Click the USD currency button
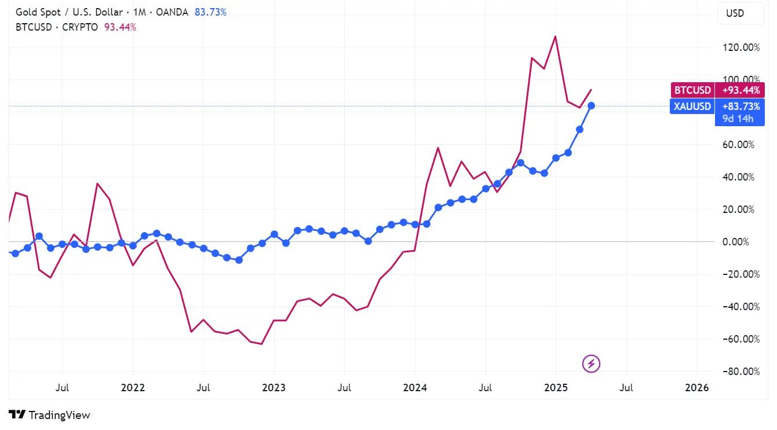735,13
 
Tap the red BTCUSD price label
717,90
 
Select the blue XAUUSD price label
717,106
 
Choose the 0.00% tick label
744,241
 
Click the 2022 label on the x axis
133,388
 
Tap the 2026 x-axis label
696,388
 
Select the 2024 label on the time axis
415,388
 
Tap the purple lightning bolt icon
591,363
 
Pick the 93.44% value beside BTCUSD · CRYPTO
121,27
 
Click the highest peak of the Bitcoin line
556,36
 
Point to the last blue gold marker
591,105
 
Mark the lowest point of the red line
262,344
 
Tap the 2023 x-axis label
273,388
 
